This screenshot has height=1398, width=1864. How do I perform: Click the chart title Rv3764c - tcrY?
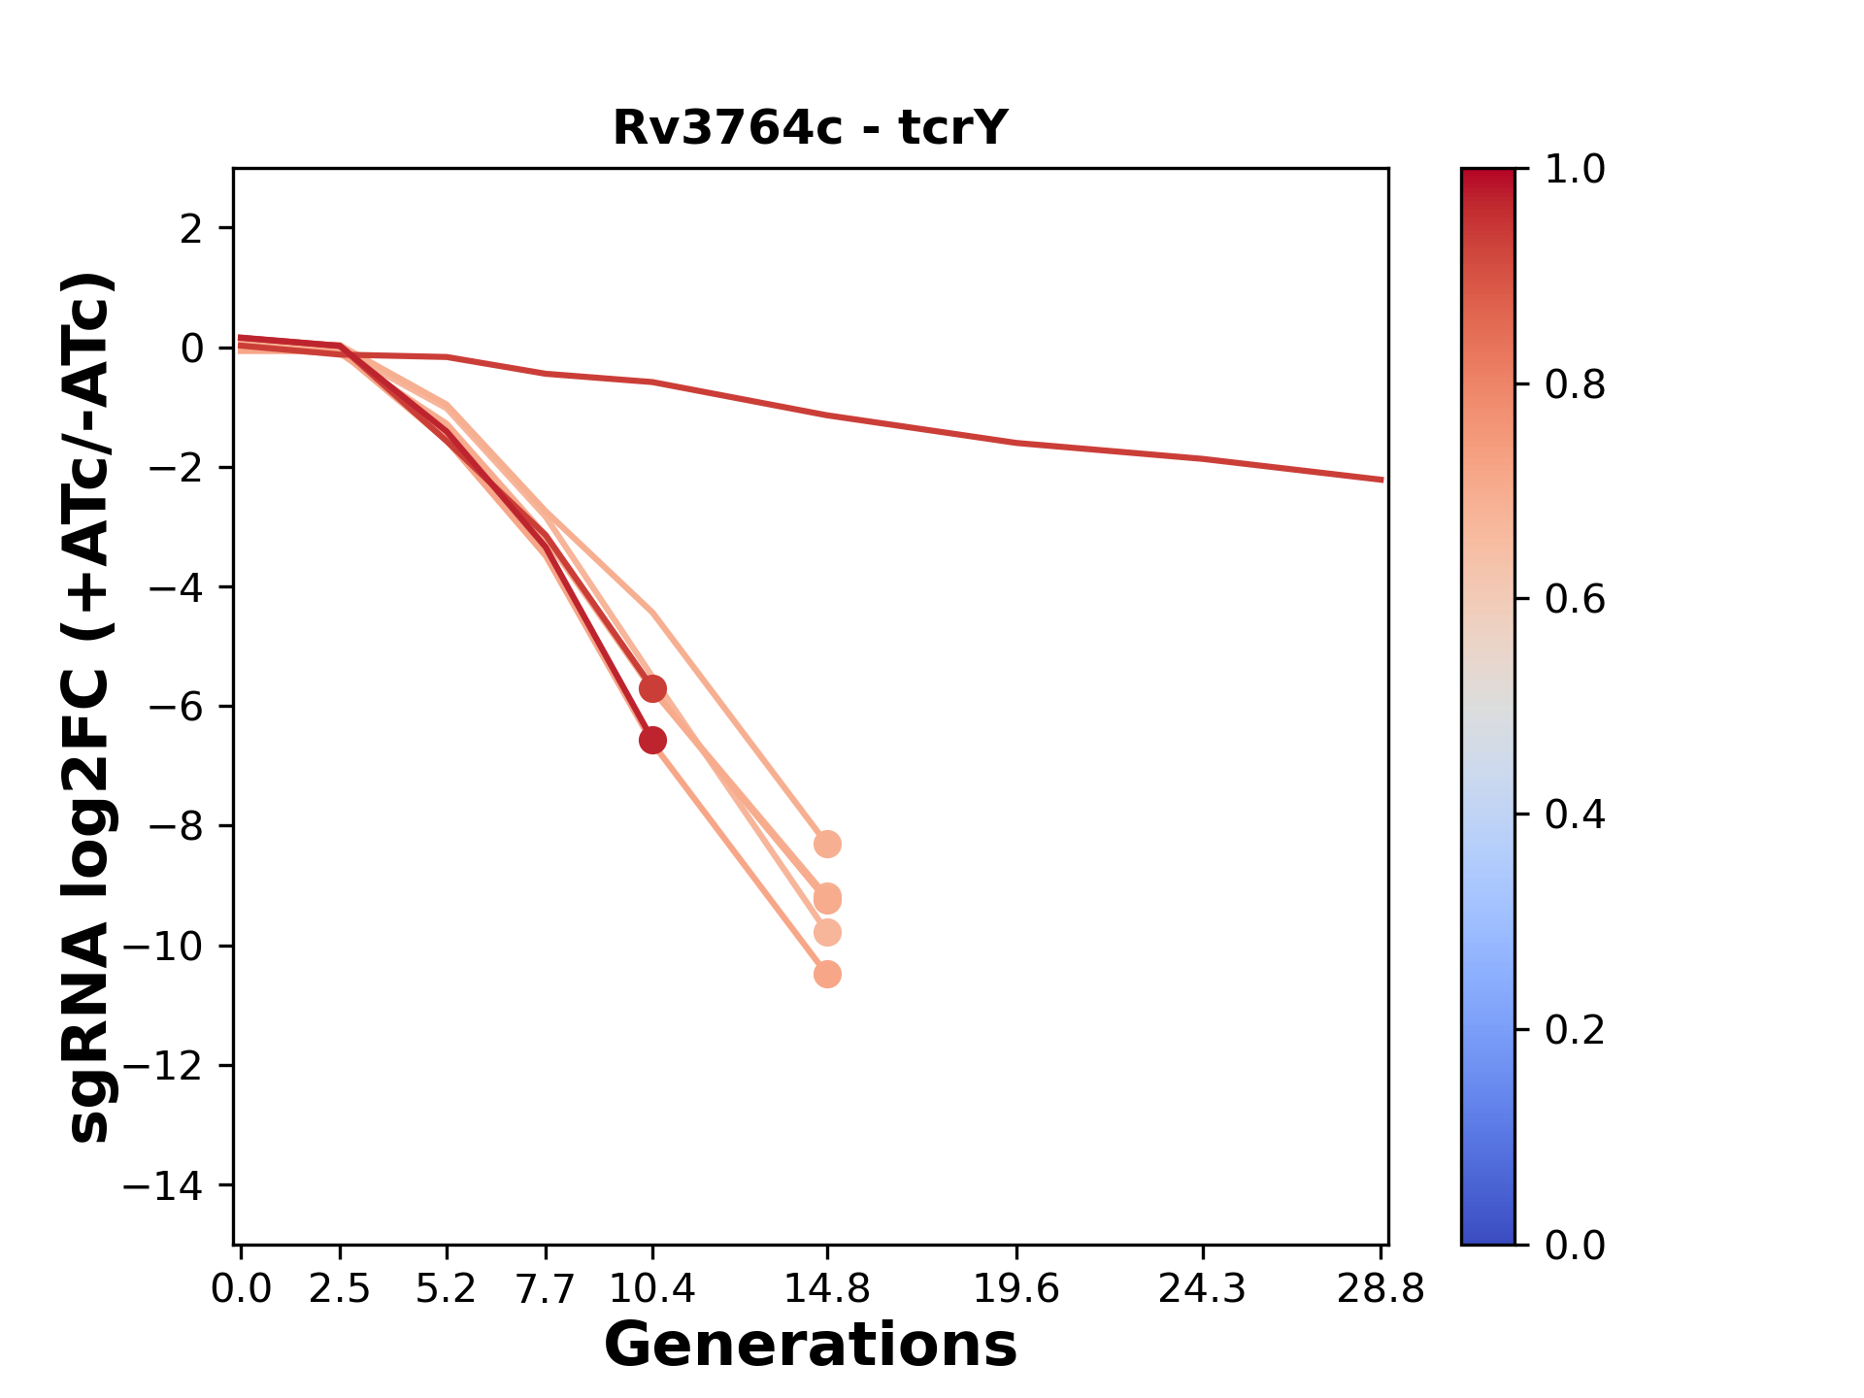point(811,128)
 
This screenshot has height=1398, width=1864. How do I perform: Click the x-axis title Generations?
point(811,1346)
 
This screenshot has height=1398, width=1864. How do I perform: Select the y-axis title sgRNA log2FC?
point(89,707)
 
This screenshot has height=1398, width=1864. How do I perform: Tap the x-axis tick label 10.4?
point(652,1289)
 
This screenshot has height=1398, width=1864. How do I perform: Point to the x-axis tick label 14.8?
point(827,1289)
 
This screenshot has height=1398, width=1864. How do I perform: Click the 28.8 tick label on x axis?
point(1381,1289)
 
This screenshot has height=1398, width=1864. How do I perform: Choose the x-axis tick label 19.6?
point(1017,1289)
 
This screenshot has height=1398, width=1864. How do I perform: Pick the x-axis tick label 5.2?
point(447,1289)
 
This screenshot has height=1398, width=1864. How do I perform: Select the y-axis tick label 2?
point(192,228)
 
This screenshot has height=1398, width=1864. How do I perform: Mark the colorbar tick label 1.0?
point(1575,170)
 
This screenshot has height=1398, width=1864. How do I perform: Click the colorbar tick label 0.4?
point(1575,815)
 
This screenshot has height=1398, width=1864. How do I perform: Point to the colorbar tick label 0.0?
point(1575,1245)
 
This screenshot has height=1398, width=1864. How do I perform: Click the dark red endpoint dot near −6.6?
point(652,741)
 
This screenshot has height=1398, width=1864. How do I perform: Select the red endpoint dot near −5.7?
point(652,689)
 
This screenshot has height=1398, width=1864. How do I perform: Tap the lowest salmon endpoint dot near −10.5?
point(827,974)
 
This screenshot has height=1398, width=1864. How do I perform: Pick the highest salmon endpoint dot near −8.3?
point(827,845)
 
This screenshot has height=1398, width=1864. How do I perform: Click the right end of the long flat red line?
point(1381,480)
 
